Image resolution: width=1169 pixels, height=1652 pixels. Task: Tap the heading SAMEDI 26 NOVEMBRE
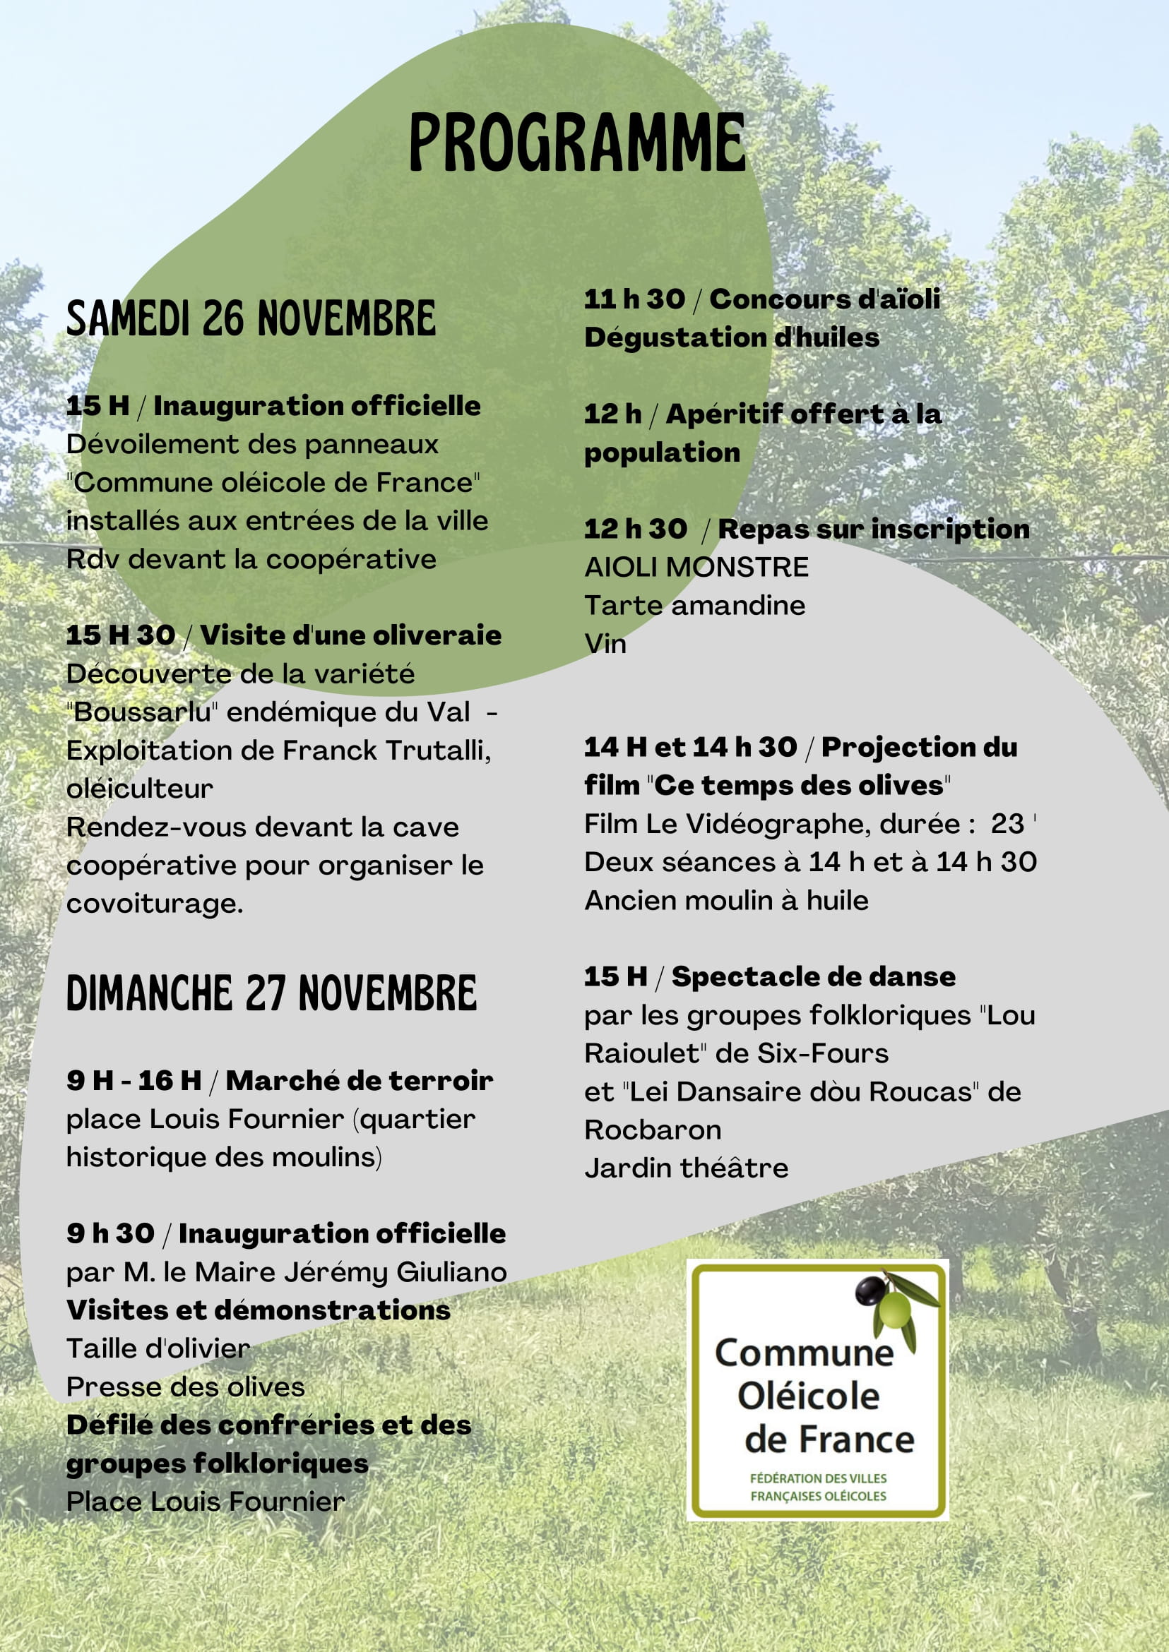[x=251, y=318]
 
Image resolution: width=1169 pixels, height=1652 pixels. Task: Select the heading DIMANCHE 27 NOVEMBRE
[x=271, y=993]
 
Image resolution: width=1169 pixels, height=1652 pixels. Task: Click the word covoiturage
[x=154, y=904]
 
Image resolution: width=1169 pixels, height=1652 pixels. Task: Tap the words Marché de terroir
[x=360, y=1081]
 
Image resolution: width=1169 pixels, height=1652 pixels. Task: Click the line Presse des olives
[x=185, y=1387]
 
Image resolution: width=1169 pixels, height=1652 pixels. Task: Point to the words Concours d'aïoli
[x=825, y=299]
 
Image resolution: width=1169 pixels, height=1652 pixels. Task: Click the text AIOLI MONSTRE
[x=696, y=567]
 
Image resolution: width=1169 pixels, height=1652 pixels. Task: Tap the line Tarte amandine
[x=694, y=605]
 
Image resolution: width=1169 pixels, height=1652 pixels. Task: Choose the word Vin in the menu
[x=605, y=643]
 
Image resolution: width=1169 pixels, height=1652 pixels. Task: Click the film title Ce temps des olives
[x=798, y=785]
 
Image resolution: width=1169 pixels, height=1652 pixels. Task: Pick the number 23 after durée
[x=1007, y=824]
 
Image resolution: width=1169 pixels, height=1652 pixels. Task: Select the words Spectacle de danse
[x=814, y=976]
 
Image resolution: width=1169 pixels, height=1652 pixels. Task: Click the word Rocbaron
[x=652, y=1130]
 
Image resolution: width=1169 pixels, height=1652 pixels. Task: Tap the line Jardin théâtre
[x=686, y=1168]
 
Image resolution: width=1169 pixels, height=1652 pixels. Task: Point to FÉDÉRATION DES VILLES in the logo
[x=818, y=1478]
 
